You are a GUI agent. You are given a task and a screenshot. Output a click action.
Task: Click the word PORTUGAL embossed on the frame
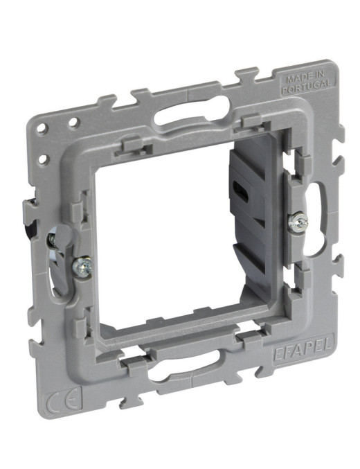click(307, 86)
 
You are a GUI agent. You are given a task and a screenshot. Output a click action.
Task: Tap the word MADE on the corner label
click(296, 78)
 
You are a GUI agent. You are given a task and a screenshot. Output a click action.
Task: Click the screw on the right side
click(298, 222)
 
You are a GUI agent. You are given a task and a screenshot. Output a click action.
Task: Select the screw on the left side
click(82, 266)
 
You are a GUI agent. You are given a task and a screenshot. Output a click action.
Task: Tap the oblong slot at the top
click(192, 110)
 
